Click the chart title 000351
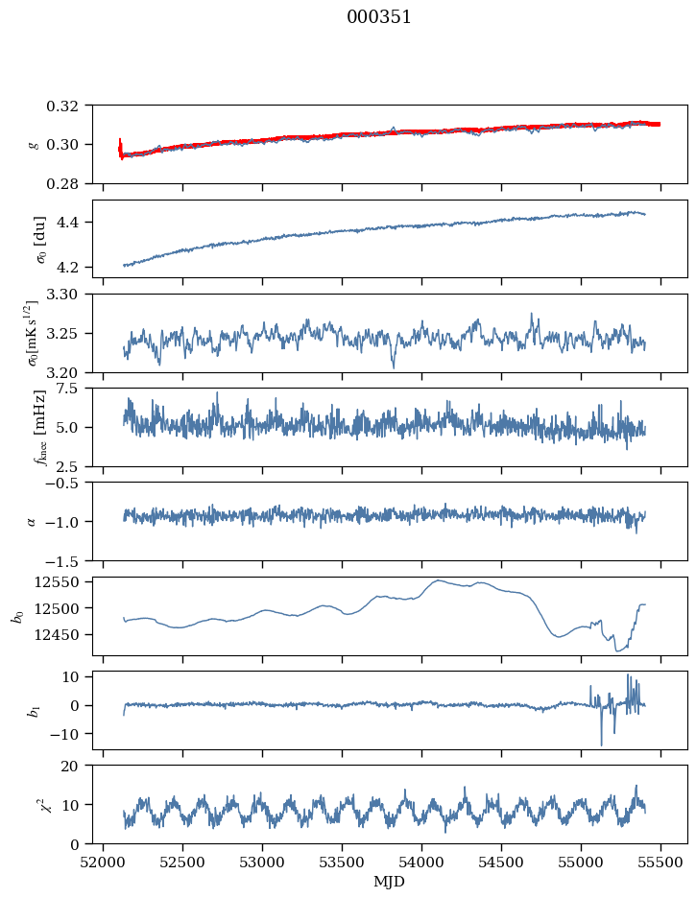(379, 17)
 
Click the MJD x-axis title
(390, 882)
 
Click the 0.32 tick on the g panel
(70, 106)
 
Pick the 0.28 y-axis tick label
(70, 183)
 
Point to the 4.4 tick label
(78, 223)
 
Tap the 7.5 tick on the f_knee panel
(78, 388)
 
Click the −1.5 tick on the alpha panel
(71, 560)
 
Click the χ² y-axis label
(35, 805)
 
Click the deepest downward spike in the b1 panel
(602, 744)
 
